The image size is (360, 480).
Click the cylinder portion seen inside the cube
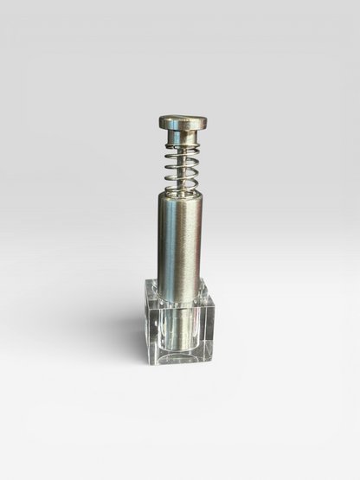pos(179,329)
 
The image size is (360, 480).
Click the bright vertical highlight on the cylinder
pos(171,242)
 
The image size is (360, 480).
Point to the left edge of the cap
pos(160,122)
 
